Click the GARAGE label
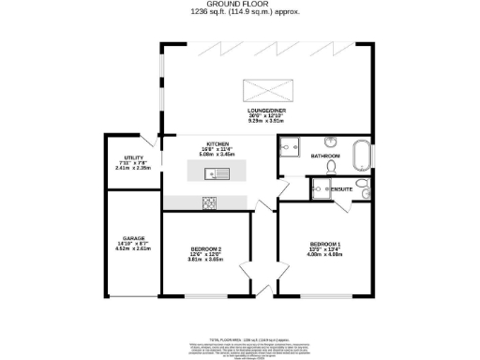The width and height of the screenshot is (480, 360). [x=132, y=241]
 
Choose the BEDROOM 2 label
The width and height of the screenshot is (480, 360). [x=206, y=248]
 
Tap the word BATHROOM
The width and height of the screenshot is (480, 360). [x=324, y=156]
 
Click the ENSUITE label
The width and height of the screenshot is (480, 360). [x=341, y=189]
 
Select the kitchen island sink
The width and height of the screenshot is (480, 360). [x=212, y=172]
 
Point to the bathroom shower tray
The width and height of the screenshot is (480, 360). [x=290, y=147]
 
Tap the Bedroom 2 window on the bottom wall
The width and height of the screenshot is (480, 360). [x=206, y=296]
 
